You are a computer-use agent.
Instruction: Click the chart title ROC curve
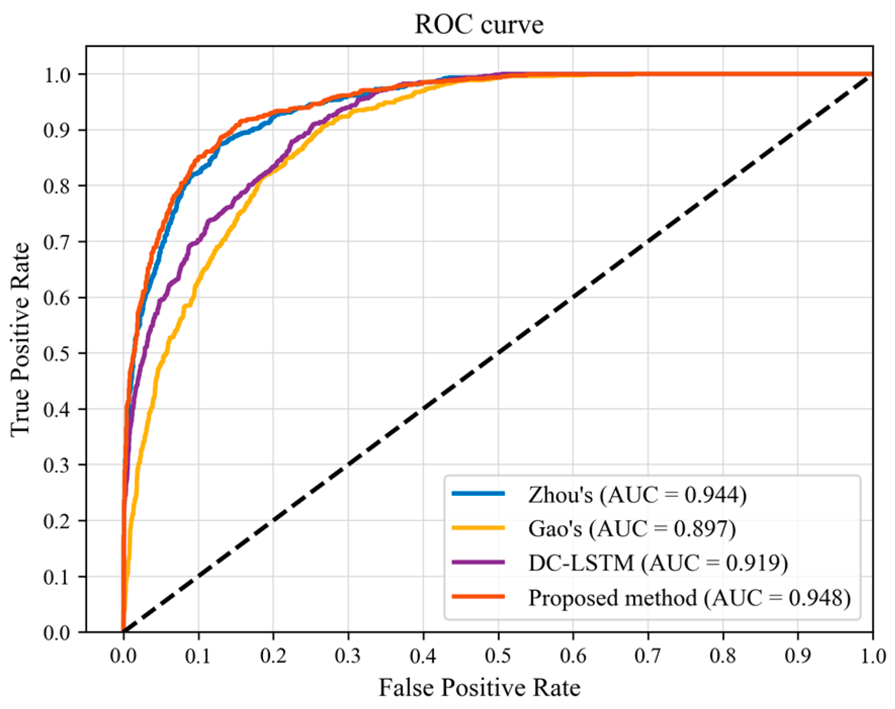click(479, 25)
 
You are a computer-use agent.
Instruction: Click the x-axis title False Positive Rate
click(479, 688)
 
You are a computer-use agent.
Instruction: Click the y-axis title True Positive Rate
click(21, 339)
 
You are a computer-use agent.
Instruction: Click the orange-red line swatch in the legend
click(478, 597)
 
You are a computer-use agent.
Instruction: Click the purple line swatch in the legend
click(478, 562)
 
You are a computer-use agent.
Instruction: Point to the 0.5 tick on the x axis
click(498, 656)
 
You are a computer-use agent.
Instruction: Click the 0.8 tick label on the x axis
click(722, 656)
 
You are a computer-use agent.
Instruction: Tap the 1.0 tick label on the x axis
click(872, 656)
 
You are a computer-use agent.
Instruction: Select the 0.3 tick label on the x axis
click(348, 656)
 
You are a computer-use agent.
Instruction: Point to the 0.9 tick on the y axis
click(57, 130)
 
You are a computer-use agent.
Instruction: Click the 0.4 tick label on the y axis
click(57, 409)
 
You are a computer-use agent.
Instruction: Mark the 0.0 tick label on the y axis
click(57, 633)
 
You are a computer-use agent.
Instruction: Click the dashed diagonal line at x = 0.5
click(498, 353)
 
